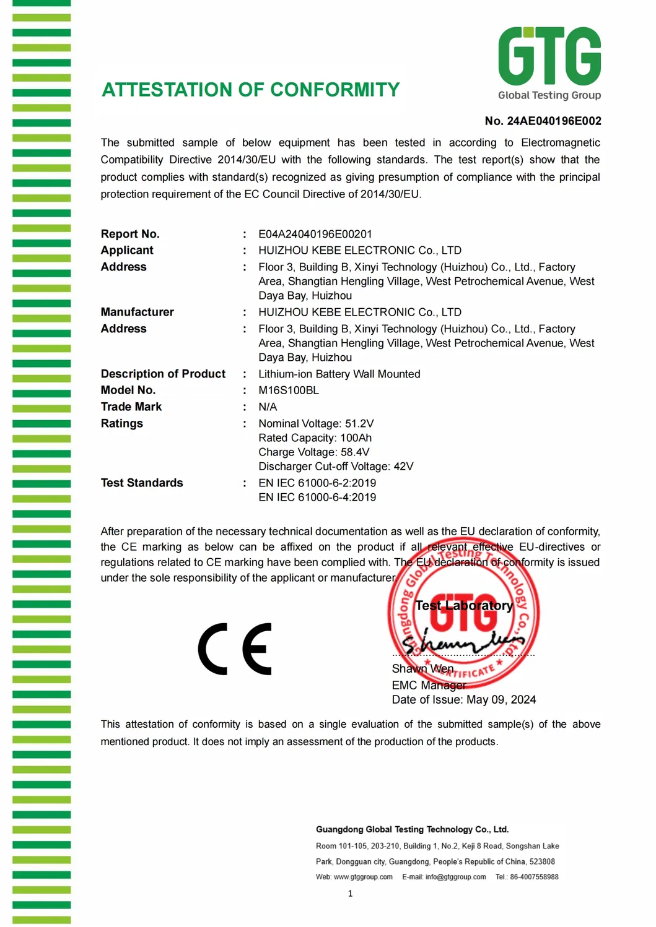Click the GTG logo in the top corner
(x=549, y=62)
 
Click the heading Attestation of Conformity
(x=251, y=90)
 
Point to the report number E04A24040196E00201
(x=315, y=234)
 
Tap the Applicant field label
(x=127, y=250)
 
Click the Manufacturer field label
(x=137, y=312)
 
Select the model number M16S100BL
(x=289, y=390)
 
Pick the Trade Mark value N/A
(x=268, y=407)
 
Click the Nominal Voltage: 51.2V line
(x=316, y=424)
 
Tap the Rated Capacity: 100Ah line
(x=315, y=438)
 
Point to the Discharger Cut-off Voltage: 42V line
(x=336, y=467)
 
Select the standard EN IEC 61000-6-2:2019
(x=317, y=483)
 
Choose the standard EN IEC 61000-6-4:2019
(x=317, y=498)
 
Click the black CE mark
(x=235, y=649)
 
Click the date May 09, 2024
(x=501, y=700)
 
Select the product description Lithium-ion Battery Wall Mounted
(x=339, y=374)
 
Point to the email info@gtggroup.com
(x=455, y=877)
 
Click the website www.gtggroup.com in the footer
(x=363, y=877)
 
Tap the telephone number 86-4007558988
(x=534, y=877)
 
